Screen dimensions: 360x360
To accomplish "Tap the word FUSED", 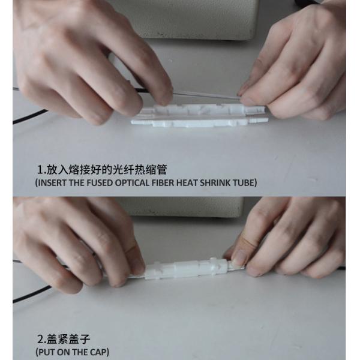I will pos(100,182).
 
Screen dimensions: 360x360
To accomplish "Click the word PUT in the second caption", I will pos(47,351).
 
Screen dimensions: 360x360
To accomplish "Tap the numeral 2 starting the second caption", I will pos(40,338).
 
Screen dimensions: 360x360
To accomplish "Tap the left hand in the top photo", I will pos(84,60).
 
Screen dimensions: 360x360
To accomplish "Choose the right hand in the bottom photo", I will pos(288,237).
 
